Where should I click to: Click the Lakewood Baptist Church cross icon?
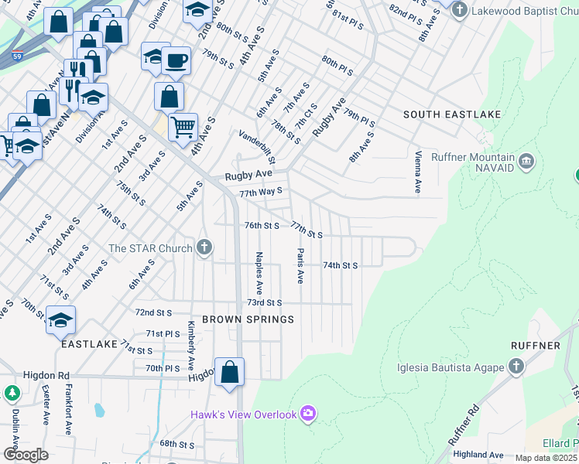coord(460,11)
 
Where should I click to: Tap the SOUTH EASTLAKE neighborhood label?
coord(452,114)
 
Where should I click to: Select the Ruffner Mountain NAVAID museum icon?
coord(527,161)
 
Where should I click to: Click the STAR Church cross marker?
coord(204,247)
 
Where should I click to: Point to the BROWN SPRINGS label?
coord(248,319)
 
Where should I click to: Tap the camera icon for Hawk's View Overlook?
coord(308,415)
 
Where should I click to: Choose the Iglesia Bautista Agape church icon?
coord(517,367)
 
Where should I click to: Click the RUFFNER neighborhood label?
coord(535,345)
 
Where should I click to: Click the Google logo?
coord(26,455)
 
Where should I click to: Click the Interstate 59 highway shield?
coord(16,55)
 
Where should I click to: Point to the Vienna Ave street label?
coord(418,172)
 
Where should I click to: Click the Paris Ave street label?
coord(300,265)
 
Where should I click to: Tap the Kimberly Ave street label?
coord(190,345)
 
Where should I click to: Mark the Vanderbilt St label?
coord(258,147)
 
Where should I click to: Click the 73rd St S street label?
coord(264,303)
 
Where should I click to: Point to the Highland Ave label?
coord(478,455)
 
